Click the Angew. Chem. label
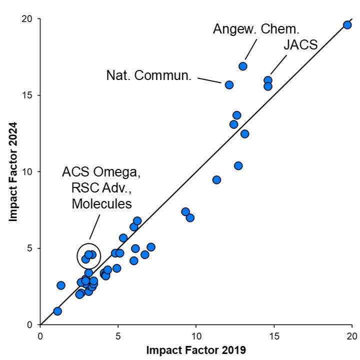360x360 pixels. tap(256, 28)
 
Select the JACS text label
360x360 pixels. tap(300, 45)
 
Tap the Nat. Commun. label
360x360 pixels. tap(149, 76)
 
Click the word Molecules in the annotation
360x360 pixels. tap(101, 203)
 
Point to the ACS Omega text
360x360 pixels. tap(102, 173)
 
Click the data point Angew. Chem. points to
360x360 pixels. tap(243, 66)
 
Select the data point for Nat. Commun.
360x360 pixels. tap(229, 85)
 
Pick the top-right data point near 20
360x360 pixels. tap(347, 25)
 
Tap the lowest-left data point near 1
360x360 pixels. tap(57, 311)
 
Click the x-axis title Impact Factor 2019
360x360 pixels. tap(196, 350)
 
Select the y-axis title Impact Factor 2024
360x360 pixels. tap(13, 171)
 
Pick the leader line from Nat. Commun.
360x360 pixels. tap(209, 79)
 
